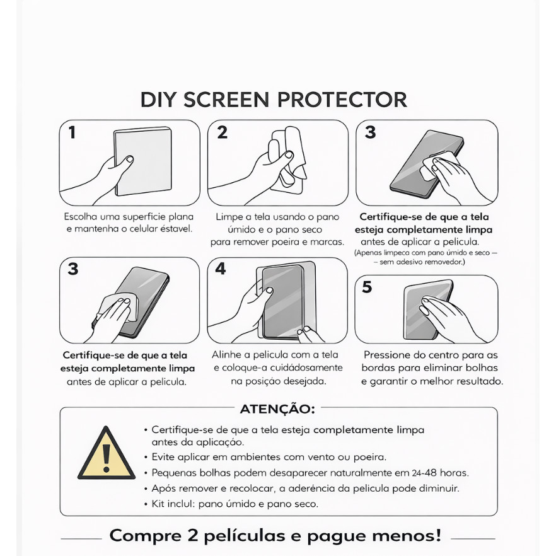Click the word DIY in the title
[x=158, y=100]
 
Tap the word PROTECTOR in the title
[x=342, y=100]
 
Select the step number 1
[x=72, y=132]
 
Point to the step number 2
[x=223, y=132]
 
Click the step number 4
[x=221, y=269]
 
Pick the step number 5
[x=367, y=287]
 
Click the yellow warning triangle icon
[x=107, y=453]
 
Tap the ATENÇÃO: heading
[x=277, y=409]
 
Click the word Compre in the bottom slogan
[x=146, y=535]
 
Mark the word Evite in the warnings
[x=163, y=457]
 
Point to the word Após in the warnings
[x=163, y=489]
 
